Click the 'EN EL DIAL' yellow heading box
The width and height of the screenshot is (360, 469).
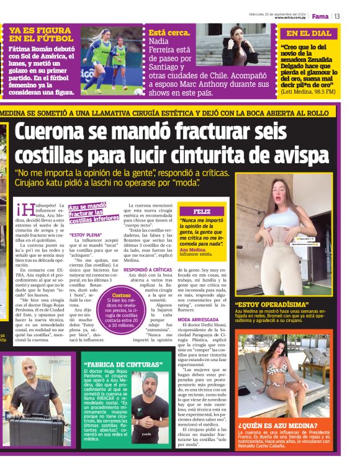[x=308, y=33]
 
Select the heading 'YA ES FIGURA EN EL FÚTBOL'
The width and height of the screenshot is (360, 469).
[x=41, y=34]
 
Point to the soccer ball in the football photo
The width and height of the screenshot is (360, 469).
[x=138, y=91]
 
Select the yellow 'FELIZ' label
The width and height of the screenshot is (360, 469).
[x=202, y=212]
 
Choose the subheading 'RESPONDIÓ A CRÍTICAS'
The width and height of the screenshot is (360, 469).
[x=148, y=270]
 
